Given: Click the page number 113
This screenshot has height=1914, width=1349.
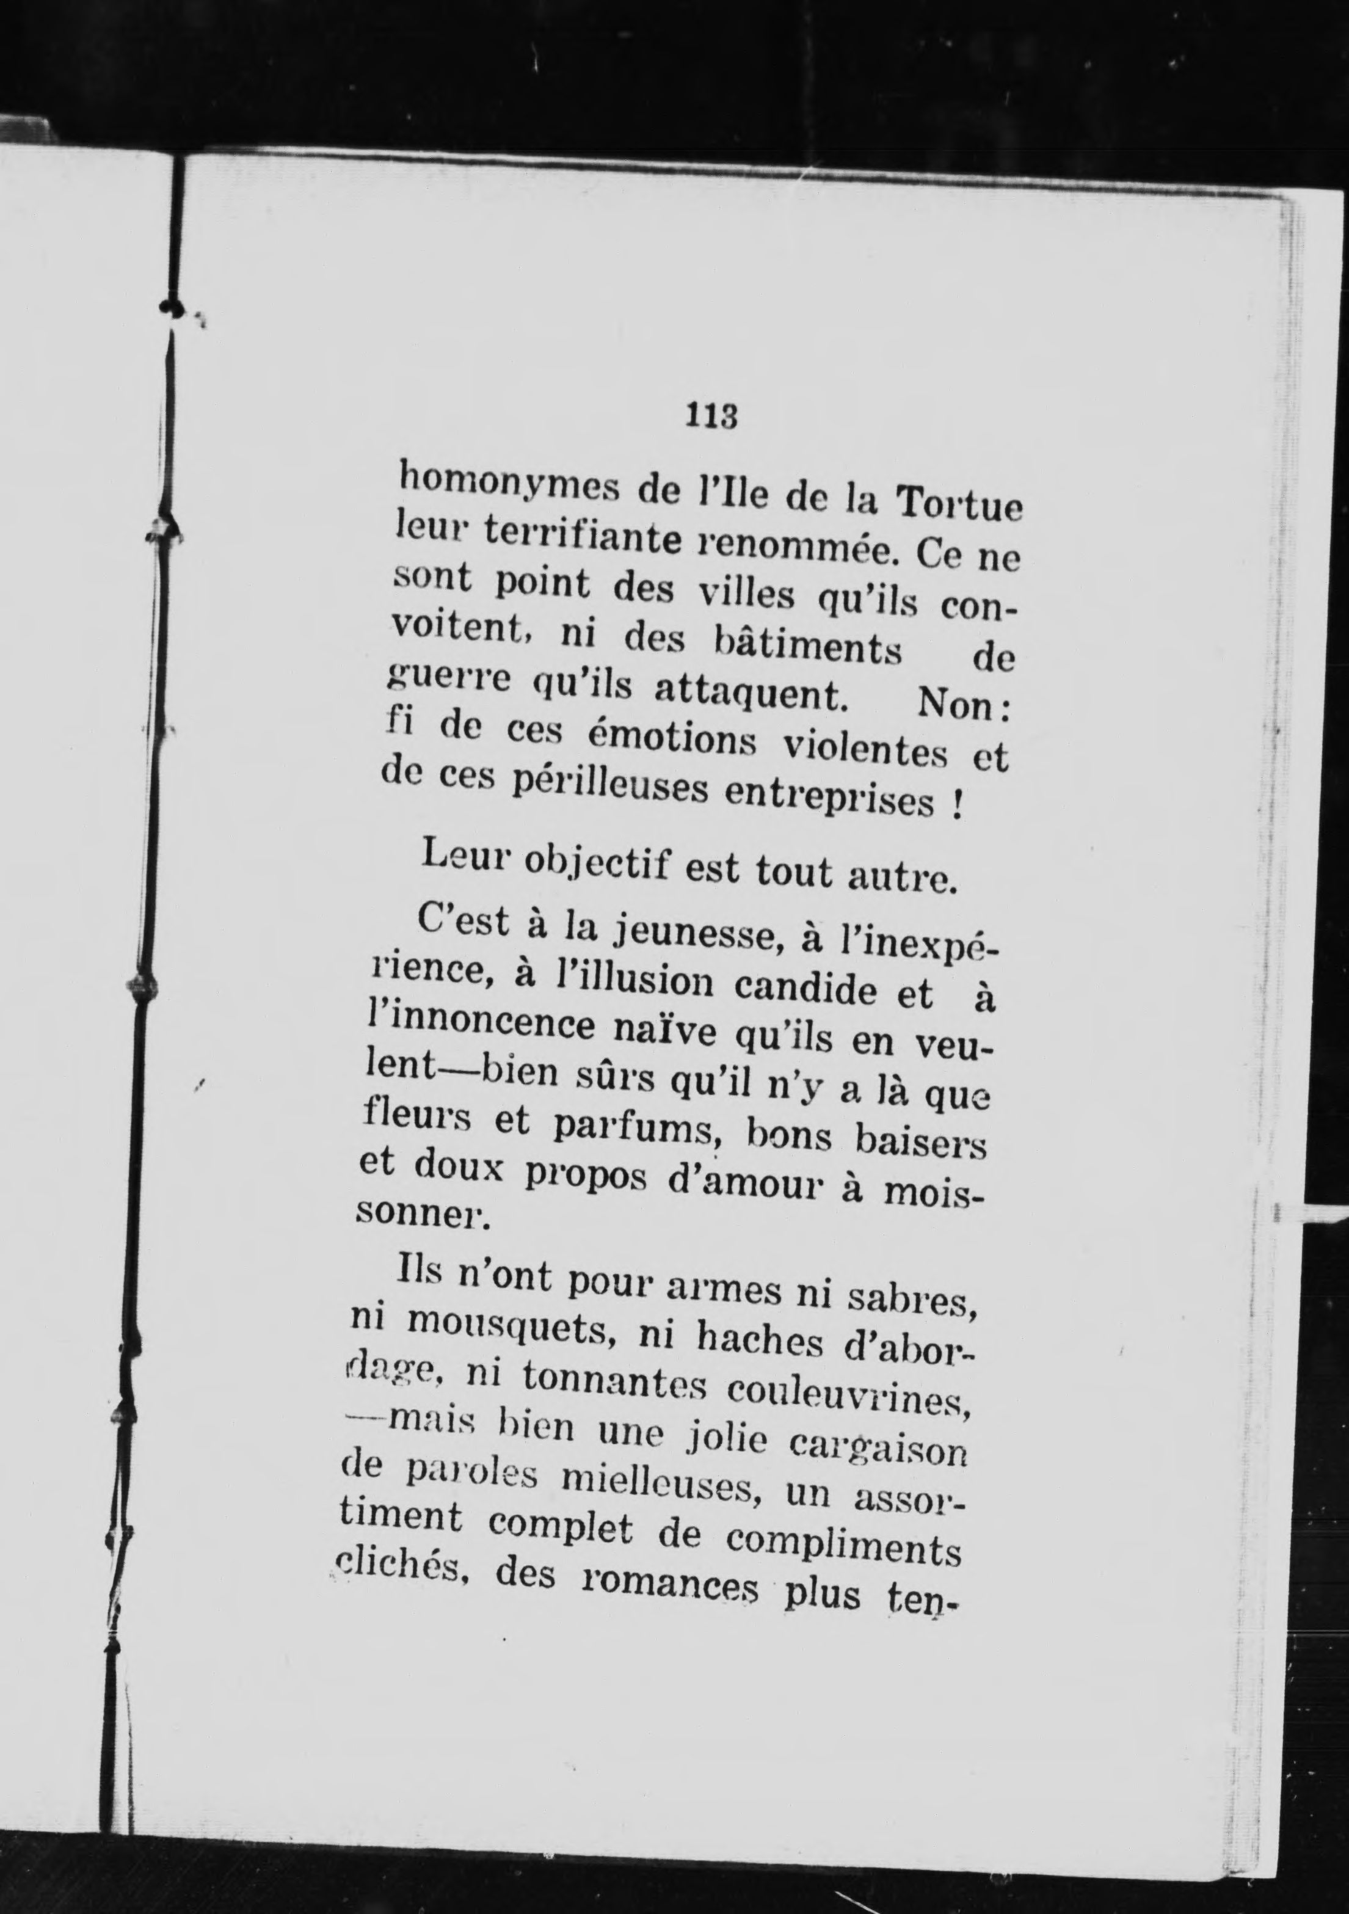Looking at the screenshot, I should click(712, 415).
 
